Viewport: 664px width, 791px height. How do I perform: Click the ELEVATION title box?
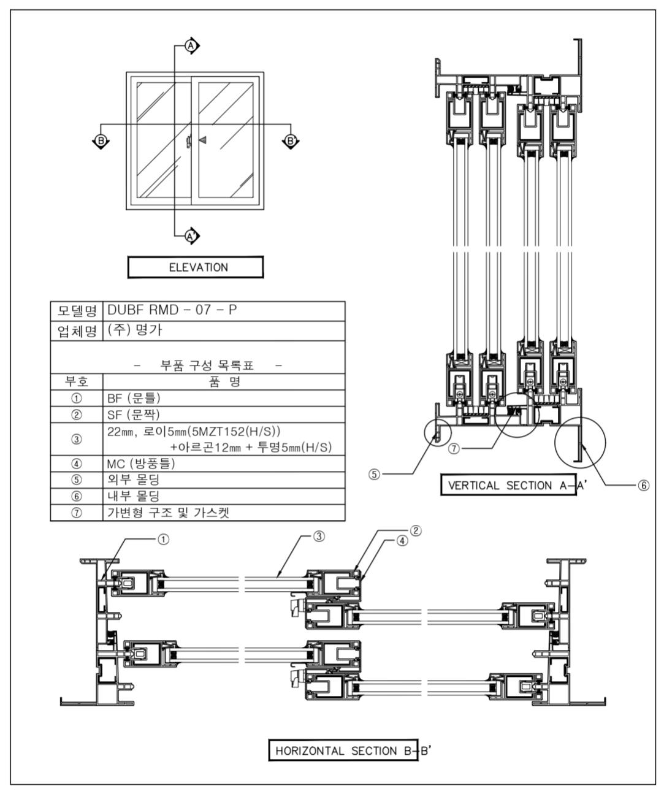[195, 267]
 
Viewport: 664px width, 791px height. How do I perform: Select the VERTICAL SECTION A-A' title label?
[508, 485]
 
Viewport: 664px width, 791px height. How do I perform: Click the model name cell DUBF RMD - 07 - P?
[223, 311]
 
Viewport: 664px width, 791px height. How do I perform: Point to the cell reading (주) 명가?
[223, 331]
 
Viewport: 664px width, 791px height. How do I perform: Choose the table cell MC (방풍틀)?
[223, 464]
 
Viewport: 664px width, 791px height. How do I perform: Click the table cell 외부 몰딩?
[223, 480]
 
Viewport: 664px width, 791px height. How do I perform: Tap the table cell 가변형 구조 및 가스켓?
[223, 513]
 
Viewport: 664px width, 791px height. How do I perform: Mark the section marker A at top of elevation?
[191, 46]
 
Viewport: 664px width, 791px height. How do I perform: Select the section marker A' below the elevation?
[191, 235]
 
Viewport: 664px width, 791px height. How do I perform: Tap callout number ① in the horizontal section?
[163, 539]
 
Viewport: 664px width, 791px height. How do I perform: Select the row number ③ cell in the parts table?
[77, 439]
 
